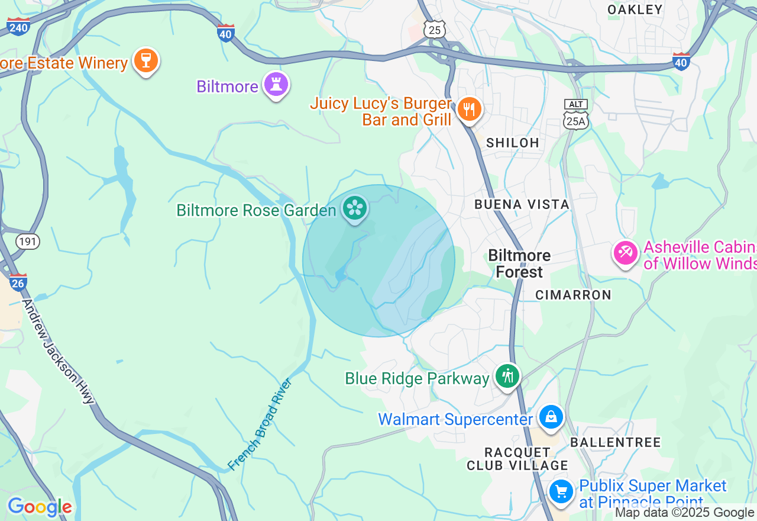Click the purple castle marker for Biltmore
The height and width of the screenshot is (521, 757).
coord(276,84)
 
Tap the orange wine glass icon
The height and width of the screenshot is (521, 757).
coord(145,60)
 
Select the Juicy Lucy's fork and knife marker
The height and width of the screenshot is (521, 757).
coord(469,109)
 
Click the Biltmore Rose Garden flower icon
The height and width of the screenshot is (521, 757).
coord(354,208)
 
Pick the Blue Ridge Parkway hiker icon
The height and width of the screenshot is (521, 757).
coord(507,376)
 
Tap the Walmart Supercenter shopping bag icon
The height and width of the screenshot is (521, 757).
coord(551,417)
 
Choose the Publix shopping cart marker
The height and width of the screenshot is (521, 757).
coord(561,491)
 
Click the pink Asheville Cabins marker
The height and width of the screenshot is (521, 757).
coord(625,253)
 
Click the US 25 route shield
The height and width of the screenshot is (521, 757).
coord(435,30)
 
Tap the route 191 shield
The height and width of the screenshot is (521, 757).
coord(28,242)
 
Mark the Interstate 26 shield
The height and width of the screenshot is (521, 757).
coord(18,282)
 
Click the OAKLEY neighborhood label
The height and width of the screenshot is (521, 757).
coord(635,9)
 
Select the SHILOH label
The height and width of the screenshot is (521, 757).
coord(512,143)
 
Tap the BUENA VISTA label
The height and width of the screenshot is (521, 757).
coord(522,204)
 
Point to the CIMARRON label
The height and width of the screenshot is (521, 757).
coord(572,295)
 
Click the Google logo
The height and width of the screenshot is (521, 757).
coord(40,507)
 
